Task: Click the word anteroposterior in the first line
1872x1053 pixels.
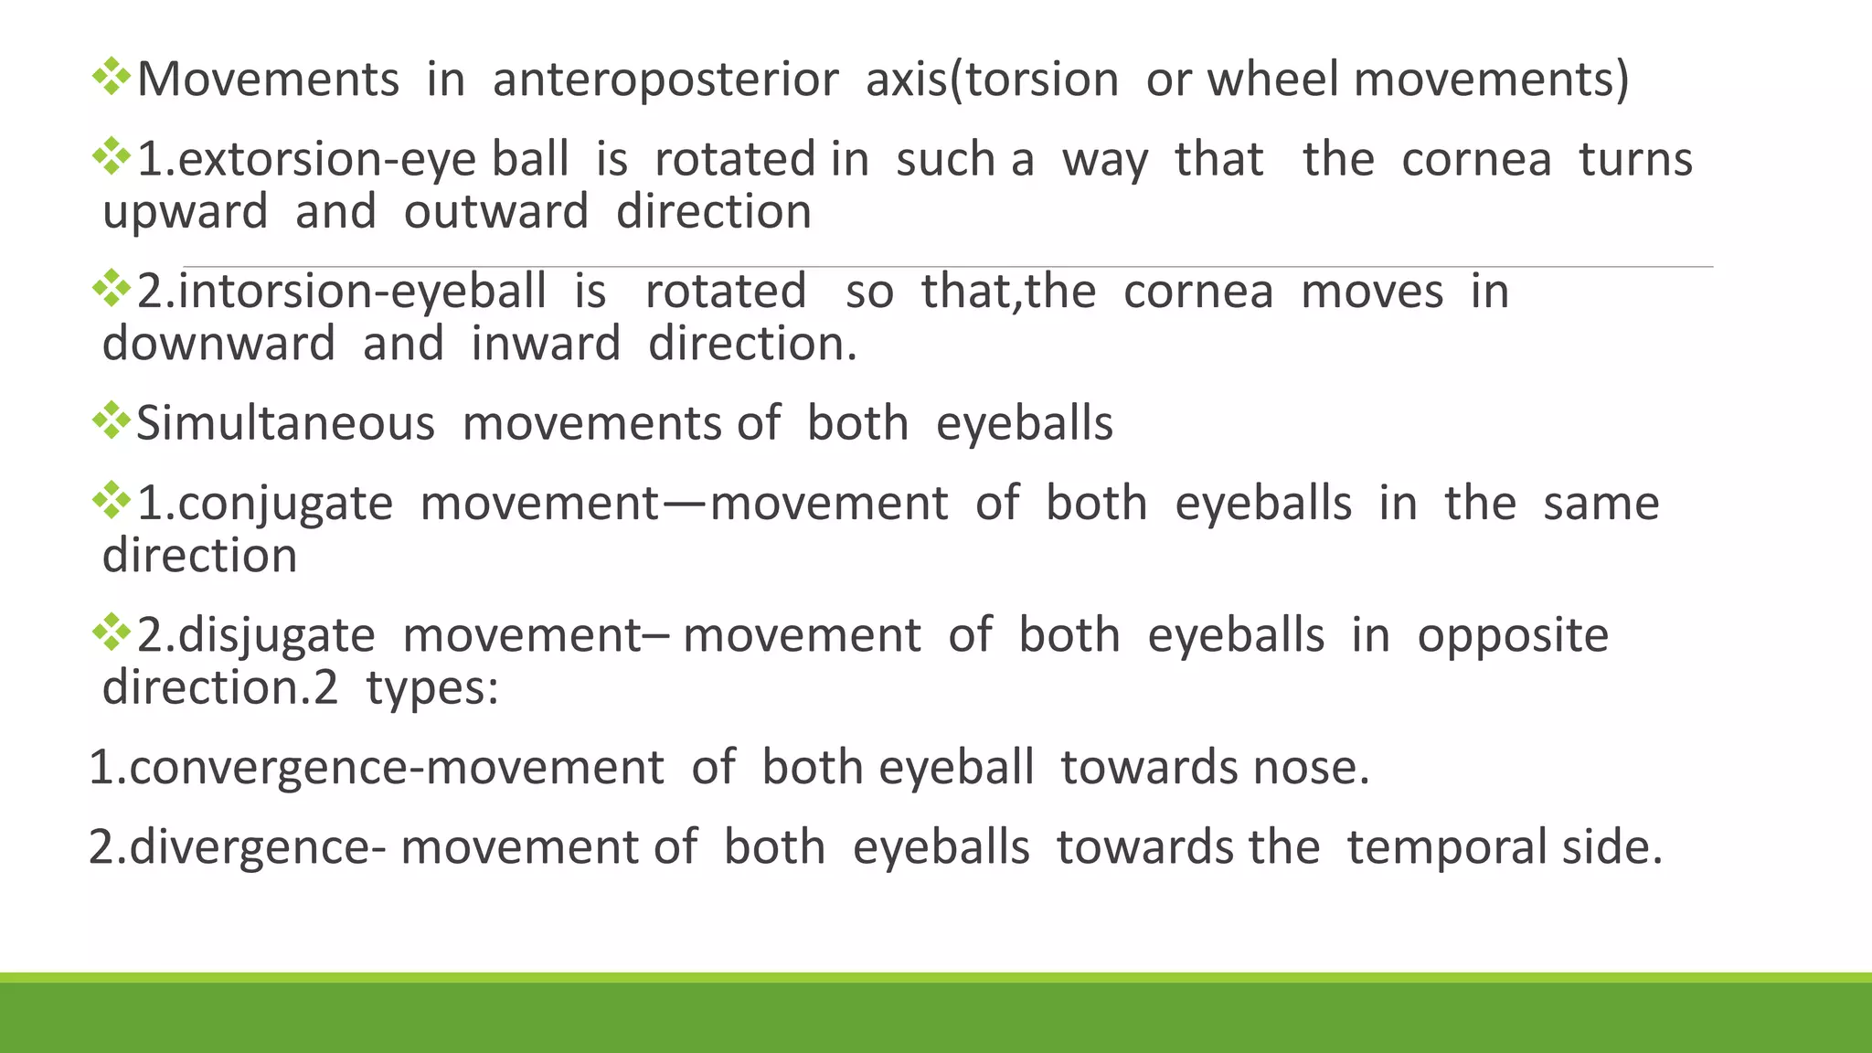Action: coord(665,80)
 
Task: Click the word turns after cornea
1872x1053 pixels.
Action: coord(1635,160)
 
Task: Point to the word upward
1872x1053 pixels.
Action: coord(185,213)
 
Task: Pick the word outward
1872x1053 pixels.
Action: coord(496,212)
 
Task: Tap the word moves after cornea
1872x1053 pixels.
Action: coord(1372,292)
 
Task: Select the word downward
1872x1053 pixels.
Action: coord(218,345)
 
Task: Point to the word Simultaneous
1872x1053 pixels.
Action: coord(285,424)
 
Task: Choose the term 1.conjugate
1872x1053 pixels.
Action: coord(265,505)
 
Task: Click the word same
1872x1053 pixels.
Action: coord(1601,505)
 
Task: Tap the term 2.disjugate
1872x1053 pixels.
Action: coord(256,636)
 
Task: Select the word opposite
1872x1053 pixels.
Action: coord(1513,636)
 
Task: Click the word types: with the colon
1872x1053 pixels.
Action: coord(432,688)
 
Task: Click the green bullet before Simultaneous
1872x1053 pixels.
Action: coord(112,420)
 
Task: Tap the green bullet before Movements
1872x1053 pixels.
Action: coord(112,77)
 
